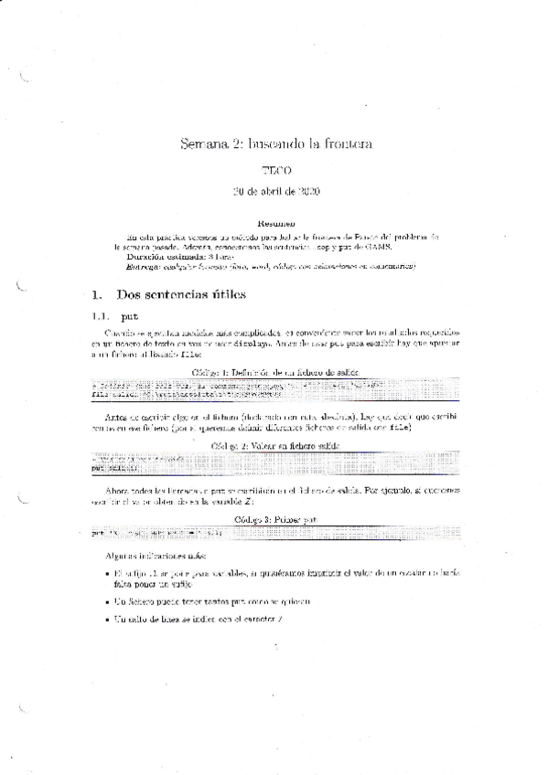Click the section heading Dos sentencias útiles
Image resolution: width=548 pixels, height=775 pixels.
[x=180, y=294]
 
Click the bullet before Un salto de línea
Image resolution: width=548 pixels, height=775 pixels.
[x=108, y=620]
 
